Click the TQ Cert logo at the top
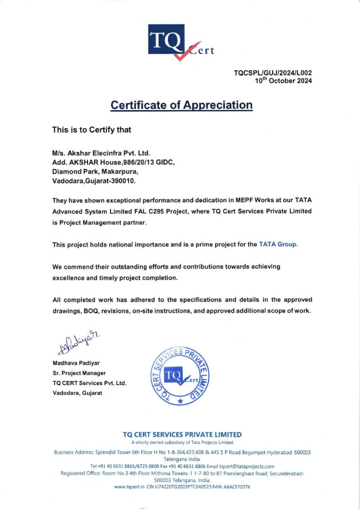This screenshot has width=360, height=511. coord(180,42)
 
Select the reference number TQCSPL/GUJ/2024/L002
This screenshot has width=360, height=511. coord(272,73)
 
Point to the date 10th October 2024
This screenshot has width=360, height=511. coord(283,81)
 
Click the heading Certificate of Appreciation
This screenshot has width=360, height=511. coord(181,105)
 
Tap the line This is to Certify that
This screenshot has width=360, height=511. coord(92,130)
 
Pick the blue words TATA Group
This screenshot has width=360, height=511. coord(278,244)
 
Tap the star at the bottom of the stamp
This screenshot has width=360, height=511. coord(180,401)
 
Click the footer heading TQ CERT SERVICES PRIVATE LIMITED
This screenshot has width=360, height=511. coord(182,434)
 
